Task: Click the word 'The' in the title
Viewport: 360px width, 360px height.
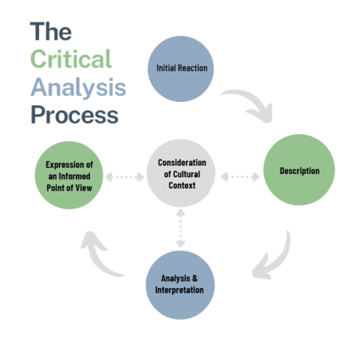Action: click(52, 32)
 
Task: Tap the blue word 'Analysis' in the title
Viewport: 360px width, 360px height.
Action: click(78, 88)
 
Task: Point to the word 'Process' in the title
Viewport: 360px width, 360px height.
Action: click(74, 115)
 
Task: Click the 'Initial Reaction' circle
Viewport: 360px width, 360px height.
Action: click(181, 68)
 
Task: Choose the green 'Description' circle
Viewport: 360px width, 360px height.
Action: click(298, 172)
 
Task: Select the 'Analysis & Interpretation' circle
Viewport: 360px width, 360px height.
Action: click(181, 283)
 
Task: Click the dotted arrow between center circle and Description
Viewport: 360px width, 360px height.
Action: click(240, 178)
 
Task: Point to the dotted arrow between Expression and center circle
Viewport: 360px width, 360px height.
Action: click(124, 178)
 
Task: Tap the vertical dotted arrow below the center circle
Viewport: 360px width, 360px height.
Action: click(180, 229)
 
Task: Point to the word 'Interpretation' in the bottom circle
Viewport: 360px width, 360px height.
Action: click(181, 289)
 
